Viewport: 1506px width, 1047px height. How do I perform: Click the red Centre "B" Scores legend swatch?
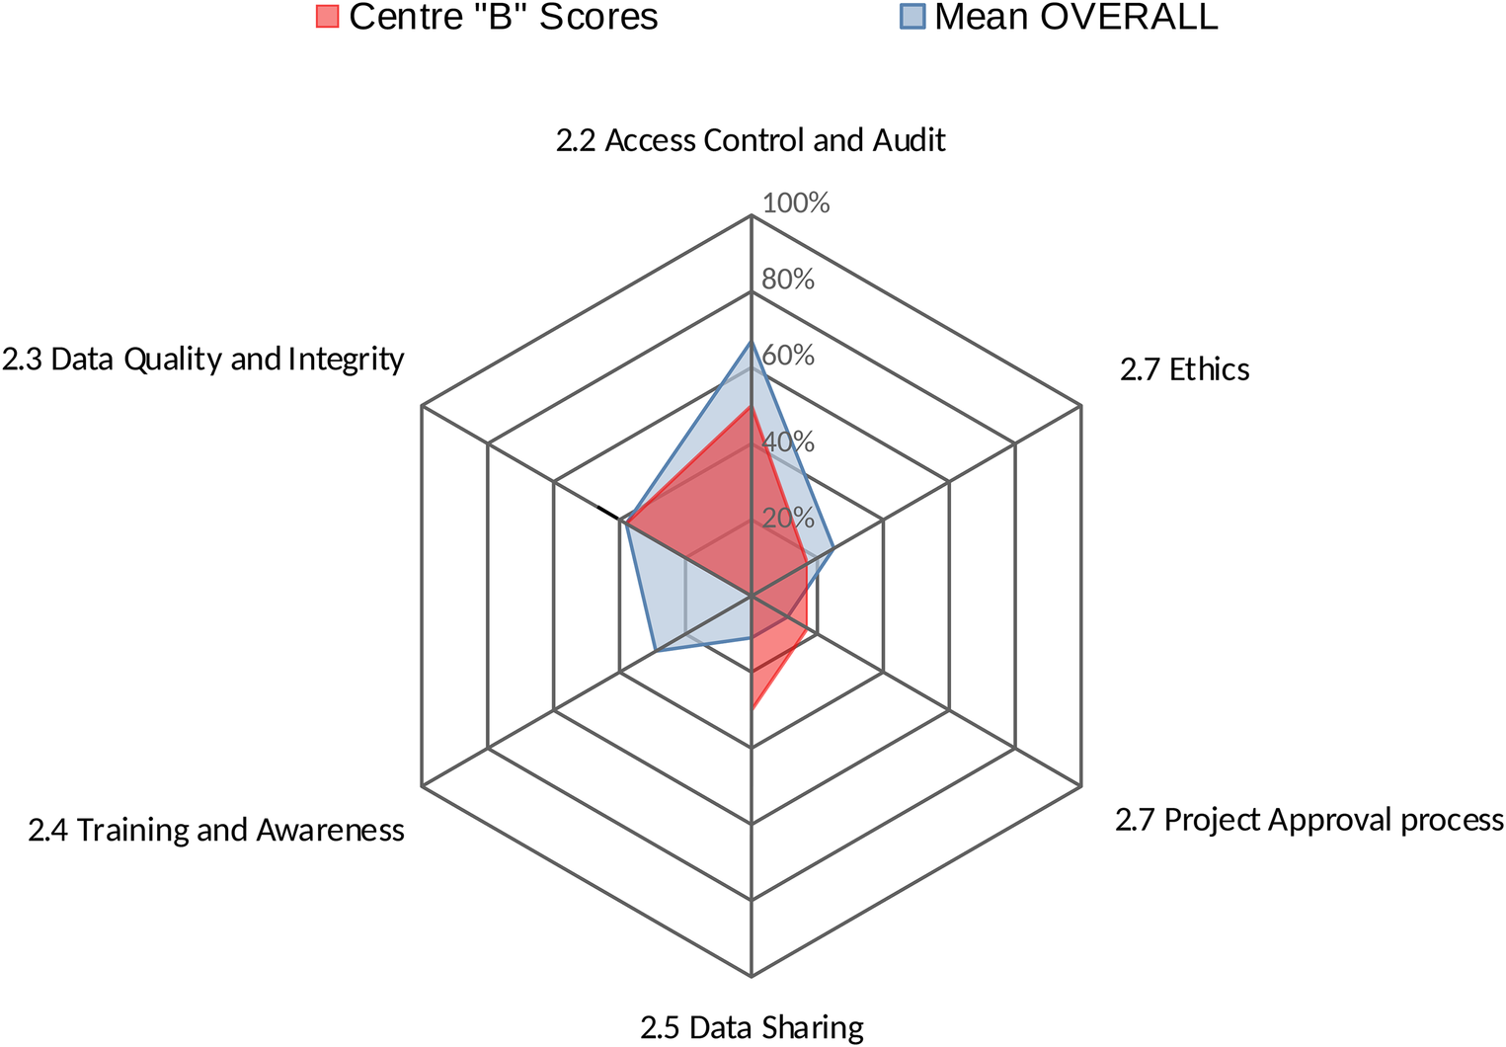click(x=327, y=17)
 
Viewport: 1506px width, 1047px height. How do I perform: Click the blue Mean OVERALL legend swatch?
click(x=912, y=17)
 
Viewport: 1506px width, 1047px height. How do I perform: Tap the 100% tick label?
click(x=796, y=203)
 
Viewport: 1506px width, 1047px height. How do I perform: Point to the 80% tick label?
click(x=788, y=280)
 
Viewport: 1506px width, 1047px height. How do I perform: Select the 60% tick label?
click(x=788, y=355)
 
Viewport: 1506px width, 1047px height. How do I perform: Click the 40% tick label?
click(x=788, y=442)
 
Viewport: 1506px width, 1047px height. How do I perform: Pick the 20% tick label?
click(x=788, y=518)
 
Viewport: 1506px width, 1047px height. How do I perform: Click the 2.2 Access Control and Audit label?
click(x=751, y=140)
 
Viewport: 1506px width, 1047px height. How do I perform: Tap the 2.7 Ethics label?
click(x=1184, y=369)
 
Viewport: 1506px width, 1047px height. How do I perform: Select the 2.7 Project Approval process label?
click(x=1308, y=820)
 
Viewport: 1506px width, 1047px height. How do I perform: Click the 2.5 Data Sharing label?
click(x=752, y=1027)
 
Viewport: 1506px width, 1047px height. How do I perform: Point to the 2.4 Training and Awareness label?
click(x=216, y=830)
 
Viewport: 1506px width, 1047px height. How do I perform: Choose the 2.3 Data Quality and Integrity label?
click(x=202, y=359)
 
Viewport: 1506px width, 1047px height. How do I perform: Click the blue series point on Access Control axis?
click(x=752, y=342)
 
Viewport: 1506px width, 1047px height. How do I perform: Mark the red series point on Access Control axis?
click(x=752, y=405)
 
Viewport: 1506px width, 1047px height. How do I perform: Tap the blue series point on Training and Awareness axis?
click(x=655, y=651)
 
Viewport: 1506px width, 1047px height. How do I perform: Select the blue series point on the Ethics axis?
click(x=834, y=548)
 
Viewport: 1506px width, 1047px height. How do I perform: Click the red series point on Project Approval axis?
click(x=807, y=628)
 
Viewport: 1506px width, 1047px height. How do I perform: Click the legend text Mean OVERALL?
click(x=1075, y=17)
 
